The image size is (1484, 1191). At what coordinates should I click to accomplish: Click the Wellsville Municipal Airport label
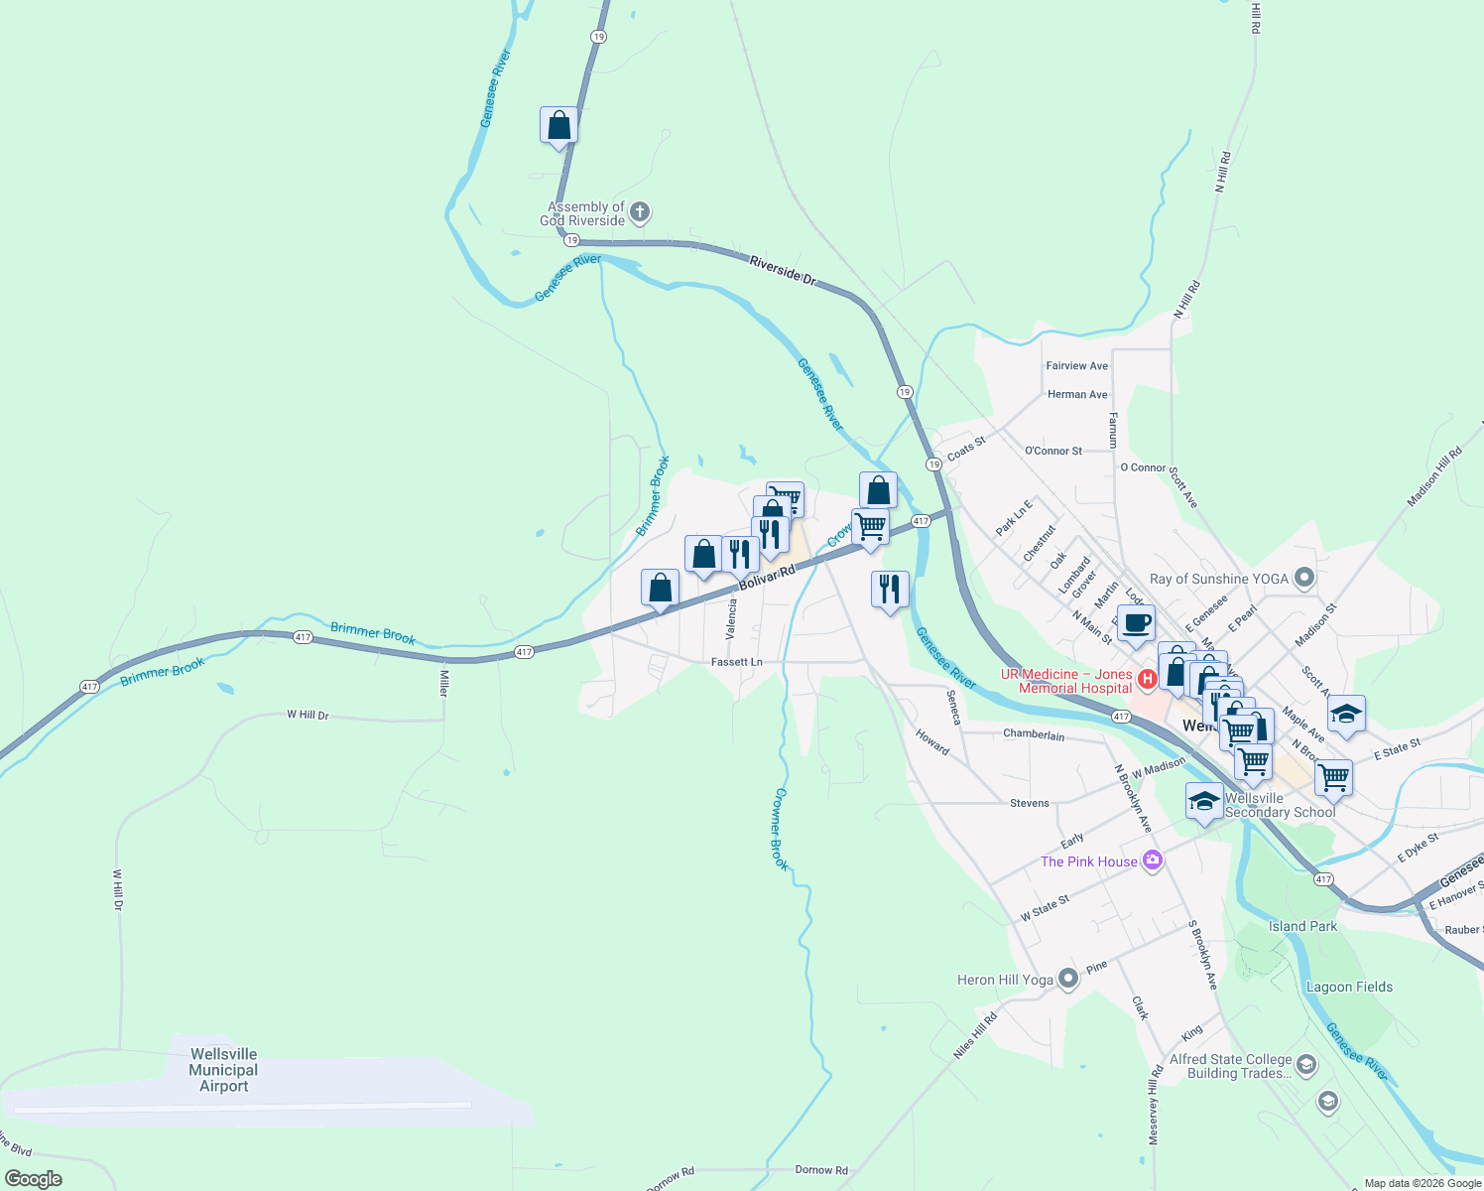[223, 1070]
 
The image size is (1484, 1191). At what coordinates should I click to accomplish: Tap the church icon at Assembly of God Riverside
[641, 211]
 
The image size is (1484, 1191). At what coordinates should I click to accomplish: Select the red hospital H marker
[1148, 679]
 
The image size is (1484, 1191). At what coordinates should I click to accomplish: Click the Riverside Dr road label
[782, 270]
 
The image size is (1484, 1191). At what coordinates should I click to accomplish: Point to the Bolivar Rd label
[768, 579]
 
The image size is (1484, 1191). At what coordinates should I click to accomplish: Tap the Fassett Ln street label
[737, 662]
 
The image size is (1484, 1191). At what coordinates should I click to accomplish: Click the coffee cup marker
[1137, 623]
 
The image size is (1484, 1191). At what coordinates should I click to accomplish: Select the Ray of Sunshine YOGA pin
[1304, 578]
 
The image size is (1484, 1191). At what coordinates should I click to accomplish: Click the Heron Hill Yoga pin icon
[1067, 980]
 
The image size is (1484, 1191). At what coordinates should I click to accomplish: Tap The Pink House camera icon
[1152, 860]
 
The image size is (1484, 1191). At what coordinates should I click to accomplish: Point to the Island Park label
[1302, 926]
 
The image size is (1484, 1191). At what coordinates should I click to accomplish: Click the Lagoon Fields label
[1349, 987]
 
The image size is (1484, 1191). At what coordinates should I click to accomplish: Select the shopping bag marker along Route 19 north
[558, 125]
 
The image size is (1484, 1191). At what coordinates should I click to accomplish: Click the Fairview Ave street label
[1076, 366]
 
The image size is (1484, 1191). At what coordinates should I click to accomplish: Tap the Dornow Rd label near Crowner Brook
[821, 1170]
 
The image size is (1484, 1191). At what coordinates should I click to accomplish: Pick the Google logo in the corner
[33, 1179]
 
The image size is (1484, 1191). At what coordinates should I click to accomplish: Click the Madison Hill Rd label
[1434, 477]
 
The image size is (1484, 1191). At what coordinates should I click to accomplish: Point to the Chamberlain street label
[1033, 735]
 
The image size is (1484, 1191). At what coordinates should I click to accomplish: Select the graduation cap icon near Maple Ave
[1346, 714]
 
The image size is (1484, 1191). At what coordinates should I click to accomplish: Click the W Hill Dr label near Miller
[308, 715]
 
